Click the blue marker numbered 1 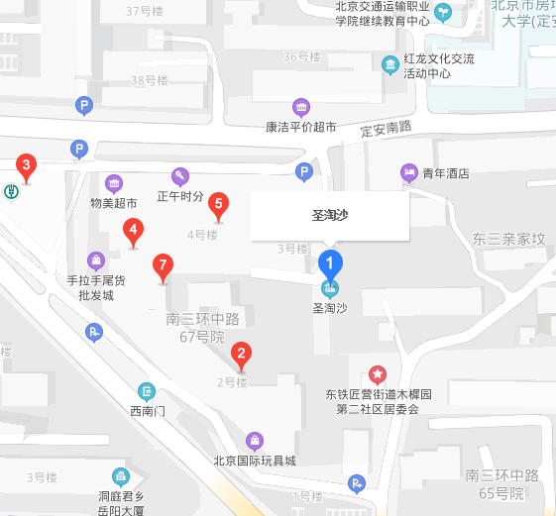point(329,263)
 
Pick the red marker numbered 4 point(132,232)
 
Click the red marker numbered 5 point(219,205)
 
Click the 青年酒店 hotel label point(445,173)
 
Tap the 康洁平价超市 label point(300,127)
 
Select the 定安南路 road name point(386,129)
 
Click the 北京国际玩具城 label point(255,461)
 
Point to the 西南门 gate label point(147,410)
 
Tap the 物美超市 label point(114,203)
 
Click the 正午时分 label point(180,196)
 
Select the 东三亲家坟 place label point(508,239)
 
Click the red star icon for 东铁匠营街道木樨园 point(378,373)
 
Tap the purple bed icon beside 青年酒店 point(408,172)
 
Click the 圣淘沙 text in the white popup point(329,215)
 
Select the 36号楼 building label point(302,56)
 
